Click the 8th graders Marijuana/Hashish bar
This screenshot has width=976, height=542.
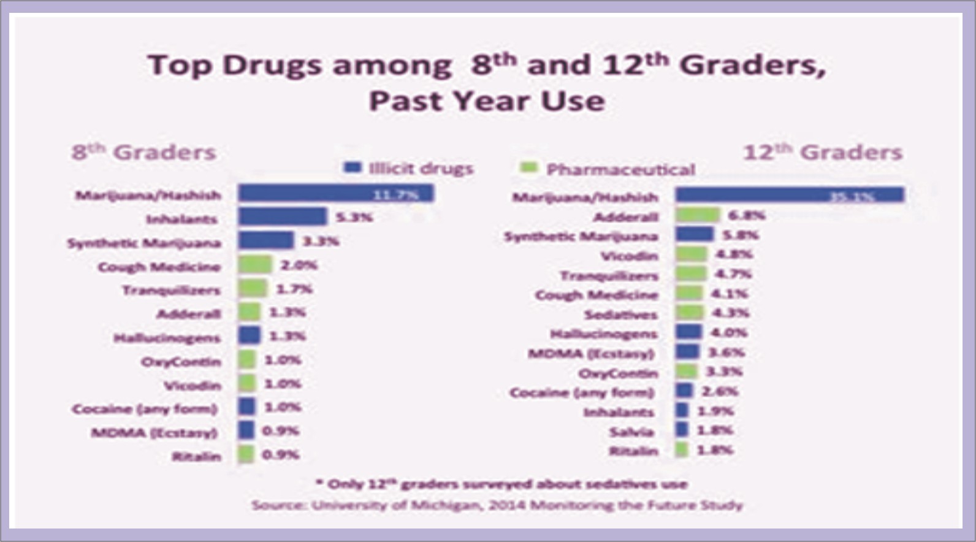click(x=335, y=194)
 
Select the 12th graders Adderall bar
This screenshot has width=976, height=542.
click(x=697, y=215)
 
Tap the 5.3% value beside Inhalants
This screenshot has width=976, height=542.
click(x=354, y=217)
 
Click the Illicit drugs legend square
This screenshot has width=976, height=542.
click(x=353, y=167)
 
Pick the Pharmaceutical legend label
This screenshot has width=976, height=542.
click(x=620, y=169)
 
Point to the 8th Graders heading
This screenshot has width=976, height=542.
click(x=144, y=152)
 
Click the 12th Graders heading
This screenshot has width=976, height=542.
click(x=823, y=152)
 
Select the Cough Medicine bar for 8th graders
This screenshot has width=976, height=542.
click(x=255, y=265)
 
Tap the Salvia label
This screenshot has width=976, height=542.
click(x=631, y=432)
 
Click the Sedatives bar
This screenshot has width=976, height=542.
click(x=689, y=313)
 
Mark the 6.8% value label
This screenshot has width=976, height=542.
click(x=746, y=215)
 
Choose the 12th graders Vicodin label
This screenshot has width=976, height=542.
click(x=629, y=256)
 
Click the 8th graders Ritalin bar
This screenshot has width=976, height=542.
click(x=246, y=454)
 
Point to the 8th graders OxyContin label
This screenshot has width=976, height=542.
click(x=181, y=361)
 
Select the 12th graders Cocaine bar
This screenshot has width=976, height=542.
click(x=684, y=391)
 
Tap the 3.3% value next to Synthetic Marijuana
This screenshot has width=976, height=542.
click(x=321, y=241)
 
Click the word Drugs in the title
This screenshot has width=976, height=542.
click(x=272, y=65)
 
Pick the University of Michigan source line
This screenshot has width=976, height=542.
click(x=497, y=505)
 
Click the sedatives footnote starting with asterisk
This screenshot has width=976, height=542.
click(x=501, y=484)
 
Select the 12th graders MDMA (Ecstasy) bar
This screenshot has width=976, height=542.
click(x=687, y=352)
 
